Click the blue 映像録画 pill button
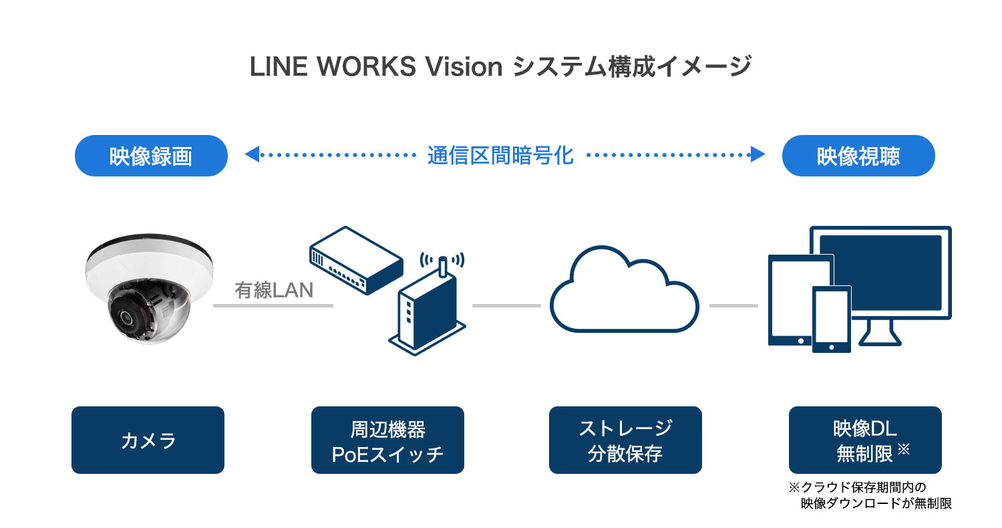[x=151, y=156]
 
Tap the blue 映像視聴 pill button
[x=858, y=156]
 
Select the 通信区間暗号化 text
[x=500, y=156]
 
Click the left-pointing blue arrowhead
[x=251, y=156]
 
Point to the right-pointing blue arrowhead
[x=758, y=156]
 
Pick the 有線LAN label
[x=273, y=291]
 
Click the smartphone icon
[x=832, y=319]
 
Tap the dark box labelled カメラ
[x=148, y=440]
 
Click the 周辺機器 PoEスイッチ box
[x=387, y=440]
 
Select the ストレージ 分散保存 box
[x=625, y=440]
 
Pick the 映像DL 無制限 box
[x=865, y=440]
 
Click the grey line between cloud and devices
[x=733, y=306]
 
